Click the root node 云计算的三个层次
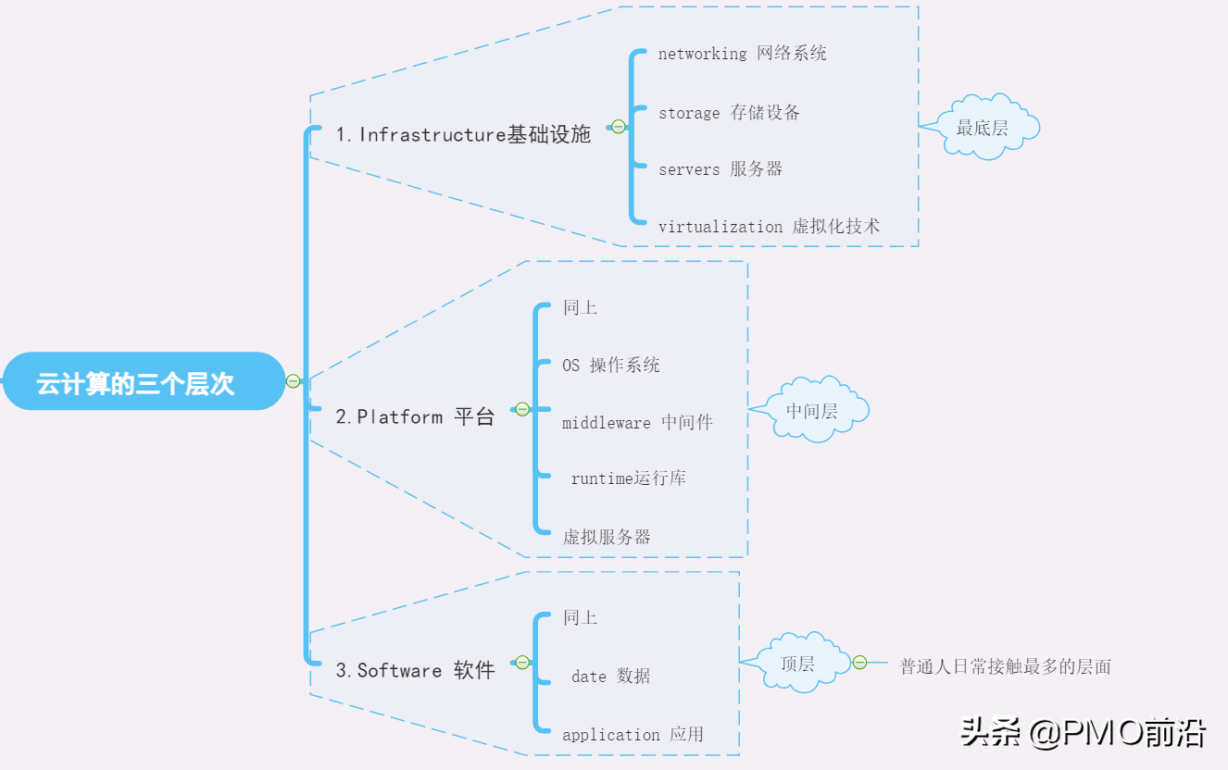click(137, 382)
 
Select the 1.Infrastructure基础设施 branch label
click(462, 135)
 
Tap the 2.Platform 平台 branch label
click(414, 417)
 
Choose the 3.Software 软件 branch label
click(414, 671)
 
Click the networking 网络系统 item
click(742, 54)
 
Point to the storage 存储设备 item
click(729, 113)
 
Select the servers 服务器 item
click(720, 169)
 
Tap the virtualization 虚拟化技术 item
click(769, 227)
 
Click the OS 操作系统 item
click(611, 366)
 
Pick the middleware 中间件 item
click(637, 423)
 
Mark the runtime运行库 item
click(628, 479)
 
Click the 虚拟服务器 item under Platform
click(607, 537)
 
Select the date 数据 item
click(610, 677)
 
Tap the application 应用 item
click(633, 735)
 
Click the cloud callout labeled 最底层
click(983, 128)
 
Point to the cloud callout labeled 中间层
click(812, 411)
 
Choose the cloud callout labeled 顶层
click(797, 664)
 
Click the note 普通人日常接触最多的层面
click(1005, 666)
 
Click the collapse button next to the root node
click(294, 380)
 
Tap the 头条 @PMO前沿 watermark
click(1083, 733)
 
